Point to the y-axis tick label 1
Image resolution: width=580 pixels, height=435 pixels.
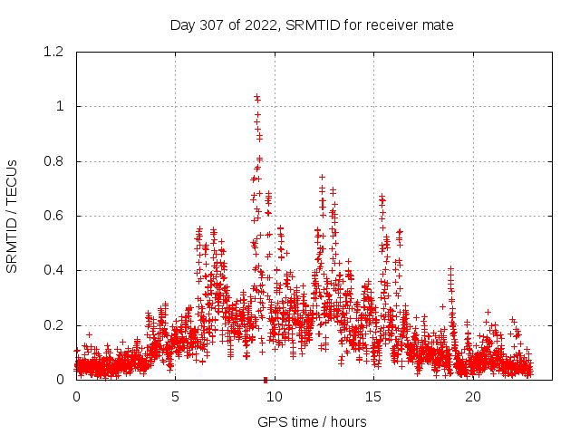(x=59, y=107)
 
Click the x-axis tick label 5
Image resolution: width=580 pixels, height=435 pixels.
(x=175, y=397)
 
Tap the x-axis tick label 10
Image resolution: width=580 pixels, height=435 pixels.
(x=275, y=397)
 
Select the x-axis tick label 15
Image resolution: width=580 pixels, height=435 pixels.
(x=373, y=397)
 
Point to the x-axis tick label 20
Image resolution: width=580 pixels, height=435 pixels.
(x=473, y=397)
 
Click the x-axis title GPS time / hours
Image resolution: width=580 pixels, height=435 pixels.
(x=312, y=421)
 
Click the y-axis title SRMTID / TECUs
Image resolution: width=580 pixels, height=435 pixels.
(x=13, y=216)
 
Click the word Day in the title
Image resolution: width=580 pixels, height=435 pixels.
(x=182, y=24)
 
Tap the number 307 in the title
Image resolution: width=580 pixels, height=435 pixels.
(x=211, y=24)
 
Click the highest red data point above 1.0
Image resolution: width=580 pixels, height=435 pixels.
(x=256, y=96)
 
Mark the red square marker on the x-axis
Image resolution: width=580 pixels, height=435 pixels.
(x=265, y=379)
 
